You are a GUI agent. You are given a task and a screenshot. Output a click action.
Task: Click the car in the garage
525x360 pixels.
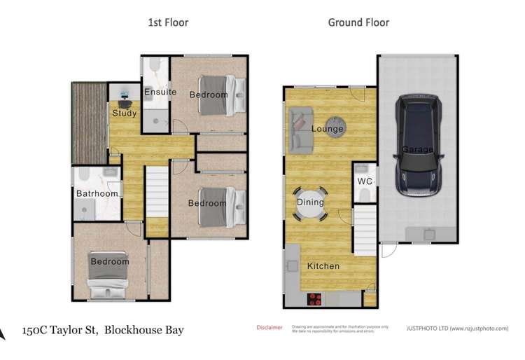pos(418,147)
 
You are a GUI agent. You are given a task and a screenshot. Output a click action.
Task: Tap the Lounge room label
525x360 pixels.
pos(327,129)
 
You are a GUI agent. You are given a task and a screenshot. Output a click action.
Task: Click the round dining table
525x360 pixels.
pos(310,202)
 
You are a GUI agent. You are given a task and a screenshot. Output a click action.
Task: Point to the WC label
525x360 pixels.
pos(365,181)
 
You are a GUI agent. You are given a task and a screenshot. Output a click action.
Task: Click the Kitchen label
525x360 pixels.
pos(323,266)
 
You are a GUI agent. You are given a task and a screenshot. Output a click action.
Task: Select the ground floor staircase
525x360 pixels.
pos(363,230)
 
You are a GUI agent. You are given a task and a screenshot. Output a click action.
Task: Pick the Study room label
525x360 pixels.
pos(124,113)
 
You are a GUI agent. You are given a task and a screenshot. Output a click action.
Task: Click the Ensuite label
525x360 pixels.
pos(160,92)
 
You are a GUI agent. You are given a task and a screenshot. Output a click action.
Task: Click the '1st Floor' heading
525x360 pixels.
pos(168,22)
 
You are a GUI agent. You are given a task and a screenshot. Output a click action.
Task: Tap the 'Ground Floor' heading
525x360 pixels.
pos(358,22)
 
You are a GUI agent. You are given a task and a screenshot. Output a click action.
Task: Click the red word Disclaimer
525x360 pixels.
pos(269,327)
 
